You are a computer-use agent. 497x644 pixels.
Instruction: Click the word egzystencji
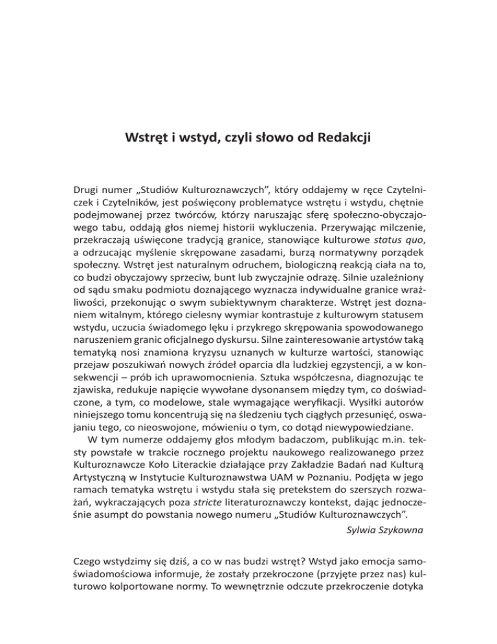point(368,363)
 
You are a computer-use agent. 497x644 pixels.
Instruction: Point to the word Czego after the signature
point(88,567)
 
